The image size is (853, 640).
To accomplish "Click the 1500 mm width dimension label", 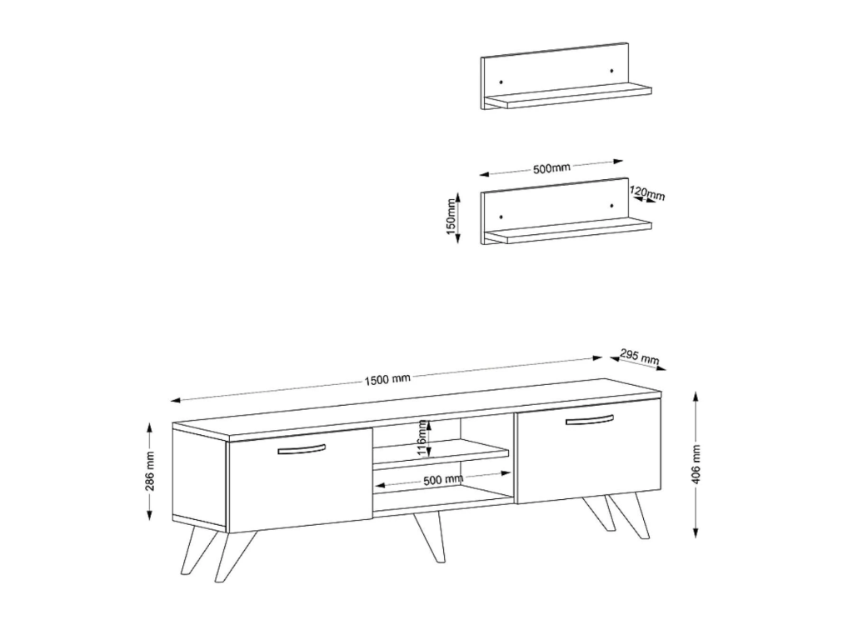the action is pos(387,379).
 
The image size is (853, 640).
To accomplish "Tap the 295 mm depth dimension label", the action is pos(639,357).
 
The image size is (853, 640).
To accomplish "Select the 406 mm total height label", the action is pos(697,464).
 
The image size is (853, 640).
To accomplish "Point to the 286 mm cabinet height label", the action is pos(150,471).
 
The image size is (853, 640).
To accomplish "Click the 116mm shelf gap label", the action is pos(422,438).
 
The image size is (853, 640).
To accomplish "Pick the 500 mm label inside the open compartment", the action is pos(443,480).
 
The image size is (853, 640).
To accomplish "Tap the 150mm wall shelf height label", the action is pos(451,217).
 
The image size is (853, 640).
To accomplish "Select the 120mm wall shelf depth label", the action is pos(647,192).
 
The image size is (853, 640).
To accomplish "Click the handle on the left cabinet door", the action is pos(302,449).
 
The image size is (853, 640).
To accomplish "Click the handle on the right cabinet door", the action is pos(589,420).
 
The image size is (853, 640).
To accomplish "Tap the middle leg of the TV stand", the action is pos(430,537).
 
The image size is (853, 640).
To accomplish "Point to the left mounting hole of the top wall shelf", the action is pos(501,82).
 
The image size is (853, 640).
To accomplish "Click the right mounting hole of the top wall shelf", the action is pos(612,70).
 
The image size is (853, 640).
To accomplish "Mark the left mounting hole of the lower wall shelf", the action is pos(501,217).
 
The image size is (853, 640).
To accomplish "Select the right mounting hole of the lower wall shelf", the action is pos(612,206).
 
